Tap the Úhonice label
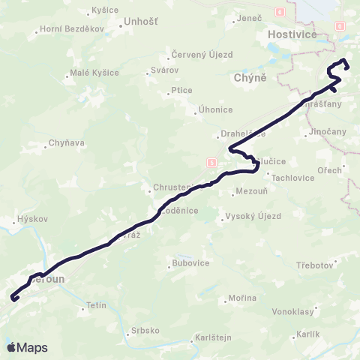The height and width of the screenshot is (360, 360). click(x=215, y=109)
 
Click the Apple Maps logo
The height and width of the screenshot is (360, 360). click(x=27, y=347)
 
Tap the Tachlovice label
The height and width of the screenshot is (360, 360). click(x=291, y=178)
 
